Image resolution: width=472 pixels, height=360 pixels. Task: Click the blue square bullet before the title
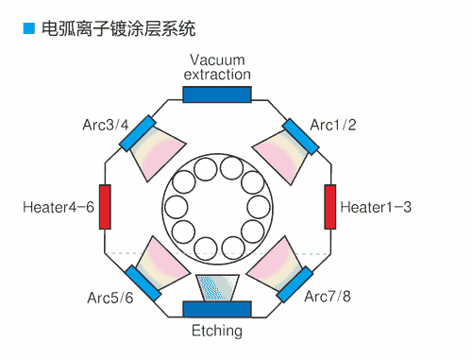[x=28, y=30]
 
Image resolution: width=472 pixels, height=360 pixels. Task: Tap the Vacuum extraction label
[x=217, y=67]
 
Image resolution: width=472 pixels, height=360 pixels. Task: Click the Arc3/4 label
[x=106, y=125]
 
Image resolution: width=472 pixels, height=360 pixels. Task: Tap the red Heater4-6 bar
[x=105, y=206]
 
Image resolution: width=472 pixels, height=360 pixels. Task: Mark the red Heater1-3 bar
[x=330, y=206]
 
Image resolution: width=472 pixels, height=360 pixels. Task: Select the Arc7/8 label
[x=327, y=298]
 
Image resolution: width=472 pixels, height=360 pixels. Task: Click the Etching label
[x=217, y=331]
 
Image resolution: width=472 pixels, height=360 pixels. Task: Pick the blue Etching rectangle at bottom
[x=217, y=309]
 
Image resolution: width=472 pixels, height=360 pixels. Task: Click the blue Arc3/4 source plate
[x=137, y=133]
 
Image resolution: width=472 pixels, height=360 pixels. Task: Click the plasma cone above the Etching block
[x=217, y=286]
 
